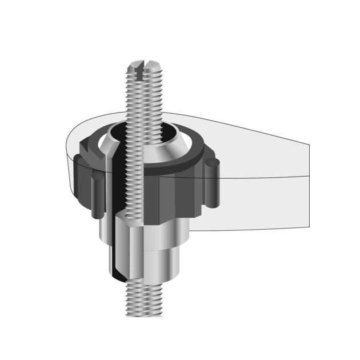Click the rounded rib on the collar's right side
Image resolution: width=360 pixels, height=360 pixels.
point(213,183)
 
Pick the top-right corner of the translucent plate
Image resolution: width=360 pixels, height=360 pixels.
point(309,144)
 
